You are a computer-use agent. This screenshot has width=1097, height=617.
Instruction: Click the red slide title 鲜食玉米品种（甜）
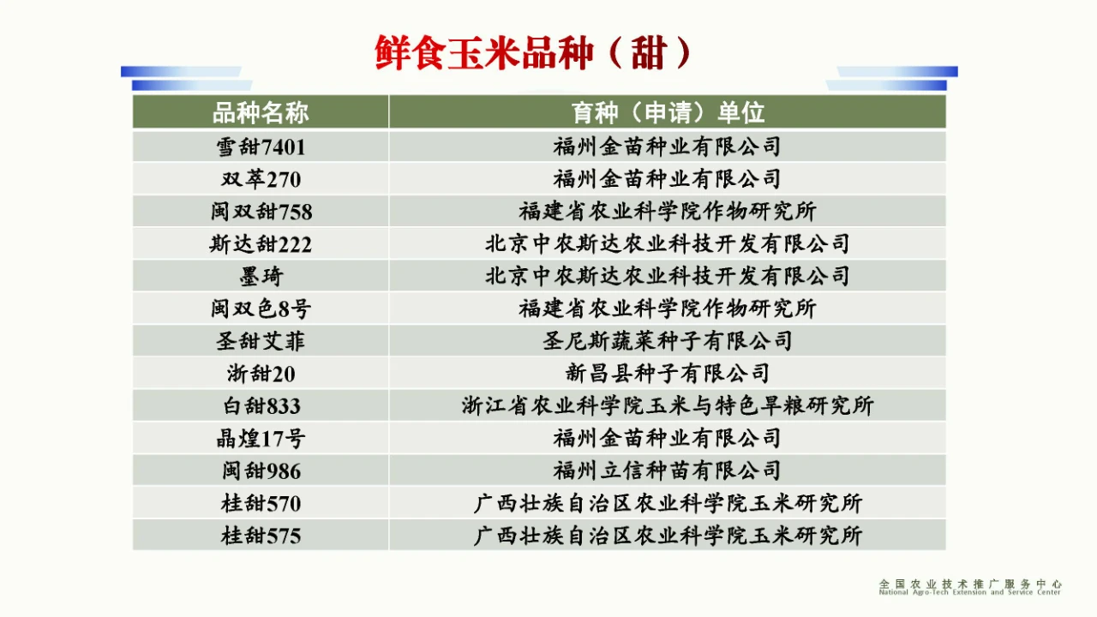pyautogui.click(x=533, y=52)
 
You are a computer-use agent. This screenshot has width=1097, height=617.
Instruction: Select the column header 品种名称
pyautogui.click(x=261, y=112)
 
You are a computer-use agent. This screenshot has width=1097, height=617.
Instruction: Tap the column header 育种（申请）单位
pyautogui.click(x=668, y=112)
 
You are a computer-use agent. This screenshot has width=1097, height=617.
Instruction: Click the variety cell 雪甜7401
pyautogui.click(x=261, y=147)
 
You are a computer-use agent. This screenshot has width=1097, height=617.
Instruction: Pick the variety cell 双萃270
pyautogui.click(x=261, y=179)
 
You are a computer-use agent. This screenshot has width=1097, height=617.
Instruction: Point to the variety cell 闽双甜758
pyautogui.click(x=261, y=212)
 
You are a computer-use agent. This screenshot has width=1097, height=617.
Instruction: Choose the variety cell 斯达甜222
pyautogui.click(x=261, y=244)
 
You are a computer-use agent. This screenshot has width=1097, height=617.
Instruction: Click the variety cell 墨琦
pyautogui.click(x=261, y=276)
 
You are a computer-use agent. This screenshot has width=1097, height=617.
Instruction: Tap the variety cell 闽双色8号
pyautogui.click(x=261, y=308)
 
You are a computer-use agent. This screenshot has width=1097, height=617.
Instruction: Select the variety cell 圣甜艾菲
pyautogui.click(x=261, y=341)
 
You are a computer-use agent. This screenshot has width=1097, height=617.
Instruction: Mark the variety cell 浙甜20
pyautogui.click(x=261, y=374)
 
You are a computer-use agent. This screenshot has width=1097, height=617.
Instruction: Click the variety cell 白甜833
pyautogui.click(x=261, y=406)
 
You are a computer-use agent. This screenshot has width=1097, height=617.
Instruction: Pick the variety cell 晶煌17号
pyautogui.click(x=261, y=438)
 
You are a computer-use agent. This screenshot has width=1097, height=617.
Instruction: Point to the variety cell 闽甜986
pyautogui.click(x=261, y=470)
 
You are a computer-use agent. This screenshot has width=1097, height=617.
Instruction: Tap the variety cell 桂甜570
pyautogui.click(x=261, y=503)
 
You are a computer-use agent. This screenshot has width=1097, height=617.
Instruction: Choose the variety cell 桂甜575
pyautogui.click(x=261, y=536)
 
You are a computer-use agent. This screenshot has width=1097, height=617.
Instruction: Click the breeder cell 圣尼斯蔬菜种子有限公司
pyautogui.click(x=667, y=341)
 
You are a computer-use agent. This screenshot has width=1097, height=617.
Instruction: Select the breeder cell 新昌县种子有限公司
pyautogui.click(x=667, y=374)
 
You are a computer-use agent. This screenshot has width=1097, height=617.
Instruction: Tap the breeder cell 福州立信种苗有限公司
pyautogui.click(x=667, y=470)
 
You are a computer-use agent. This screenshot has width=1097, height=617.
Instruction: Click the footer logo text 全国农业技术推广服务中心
pyautogui.click(x=970, y=584)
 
